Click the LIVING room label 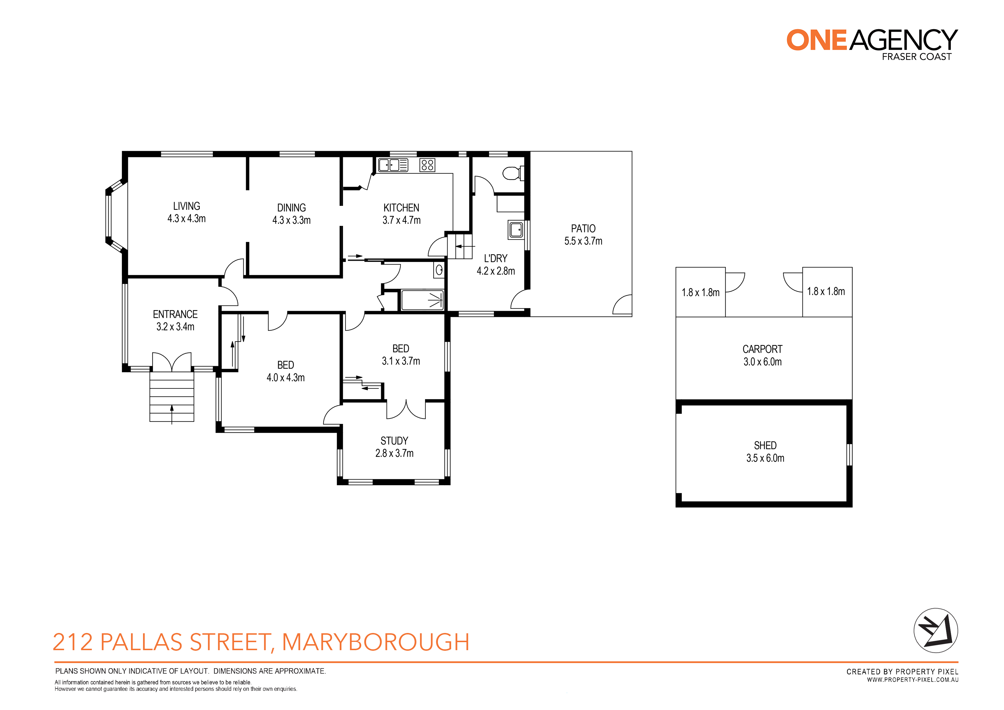[x=186, y=206]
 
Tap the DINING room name [x=291, y=208]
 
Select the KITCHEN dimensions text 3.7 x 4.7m [x=402, y=220]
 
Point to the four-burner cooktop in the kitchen [x=427, y=165]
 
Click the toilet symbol [x=513, y=173]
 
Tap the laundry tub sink [x=516, y=230]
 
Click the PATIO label [x=583, y=228]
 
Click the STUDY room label [x=394, y=441]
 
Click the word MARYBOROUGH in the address [x=375, y=642]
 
